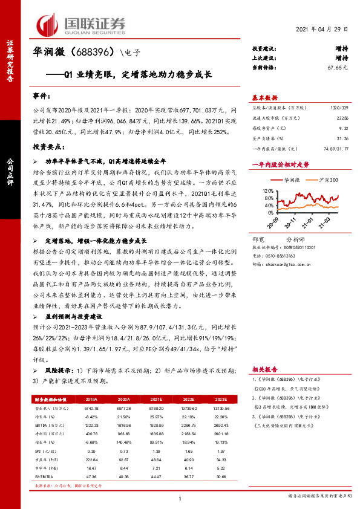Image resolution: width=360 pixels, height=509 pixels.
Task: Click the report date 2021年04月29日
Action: click(327, 30)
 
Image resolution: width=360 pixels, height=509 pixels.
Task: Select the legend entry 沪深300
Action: click(324, 180)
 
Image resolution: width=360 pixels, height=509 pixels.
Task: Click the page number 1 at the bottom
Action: click(180, 498)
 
